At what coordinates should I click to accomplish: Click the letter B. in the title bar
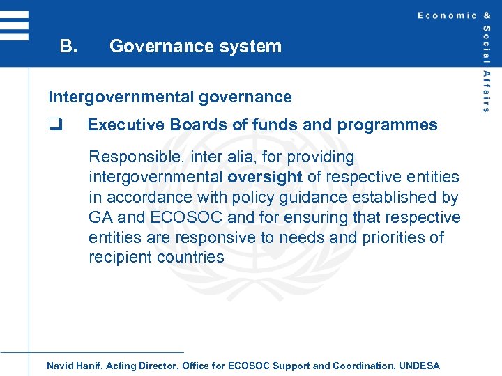(x=68, y=47)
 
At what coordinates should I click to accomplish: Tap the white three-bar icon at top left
(x=14, y=25)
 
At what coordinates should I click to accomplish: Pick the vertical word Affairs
(x=486, y=91)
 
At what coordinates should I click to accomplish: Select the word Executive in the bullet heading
(x=124, y=125)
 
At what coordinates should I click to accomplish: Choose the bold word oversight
(x=265, y=178)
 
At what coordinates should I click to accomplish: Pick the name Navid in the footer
(x=59, y=366)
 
